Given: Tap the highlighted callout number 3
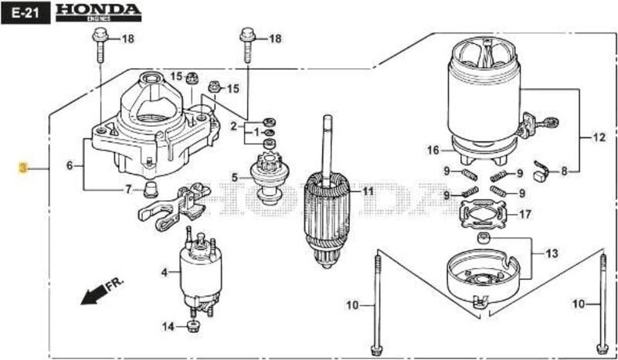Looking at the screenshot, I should pyautogui.click(x=23, y=167).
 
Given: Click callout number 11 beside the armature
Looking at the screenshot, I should pyautogui.click(x=367, y=191).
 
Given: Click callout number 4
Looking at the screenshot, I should pyautogui.click(x=165, y=272).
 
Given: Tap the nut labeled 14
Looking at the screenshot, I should pyautogui.click(x=194, y=324).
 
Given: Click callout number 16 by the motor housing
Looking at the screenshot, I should pyautogui.click(x=433, y=149).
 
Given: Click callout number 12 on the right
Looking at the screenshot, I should pyautogui.click(x=599, y=139).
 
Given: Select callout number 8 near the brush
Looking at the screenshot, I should pyautogui.click(x=585, y=172).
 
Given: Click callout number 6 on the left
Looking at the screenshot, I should pyautogui.click(x=70, y=165).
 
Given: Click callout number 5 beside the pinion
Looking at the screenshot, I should pyautogui.click(x=235, y=177).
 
